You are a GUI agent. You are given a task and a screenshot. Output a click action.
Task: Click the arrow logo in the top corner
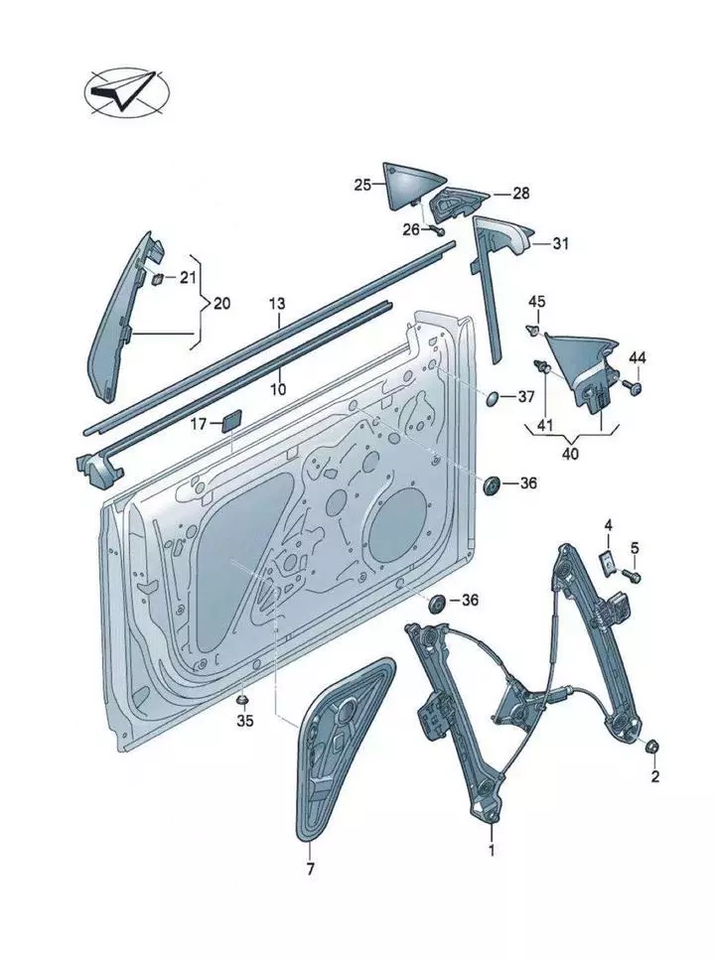[x=126, y=90]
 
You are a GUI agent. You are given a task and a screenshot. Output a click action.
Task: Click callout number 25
[x=361, y=185]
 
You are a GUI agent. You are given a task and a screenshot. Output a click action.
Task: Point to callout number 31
[x=561, y=243]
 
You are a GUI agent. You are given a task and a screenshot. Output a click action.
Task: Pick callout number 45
[x=536, y=302]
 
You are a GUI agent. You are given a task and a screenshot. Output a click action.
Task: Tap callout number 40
[x=571, y=454]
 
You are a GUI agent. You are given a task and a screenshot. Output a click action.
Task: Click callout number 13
[x=277, y=302]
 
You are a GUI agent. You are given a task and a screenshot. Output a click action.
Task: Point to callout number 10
[x=279, y=388]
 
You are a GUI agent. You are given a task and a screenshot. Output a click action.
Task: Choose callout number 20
[x=220, y=302]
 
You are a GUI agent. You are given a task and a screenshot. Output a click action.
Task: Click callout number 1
[x=491, y=850]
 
